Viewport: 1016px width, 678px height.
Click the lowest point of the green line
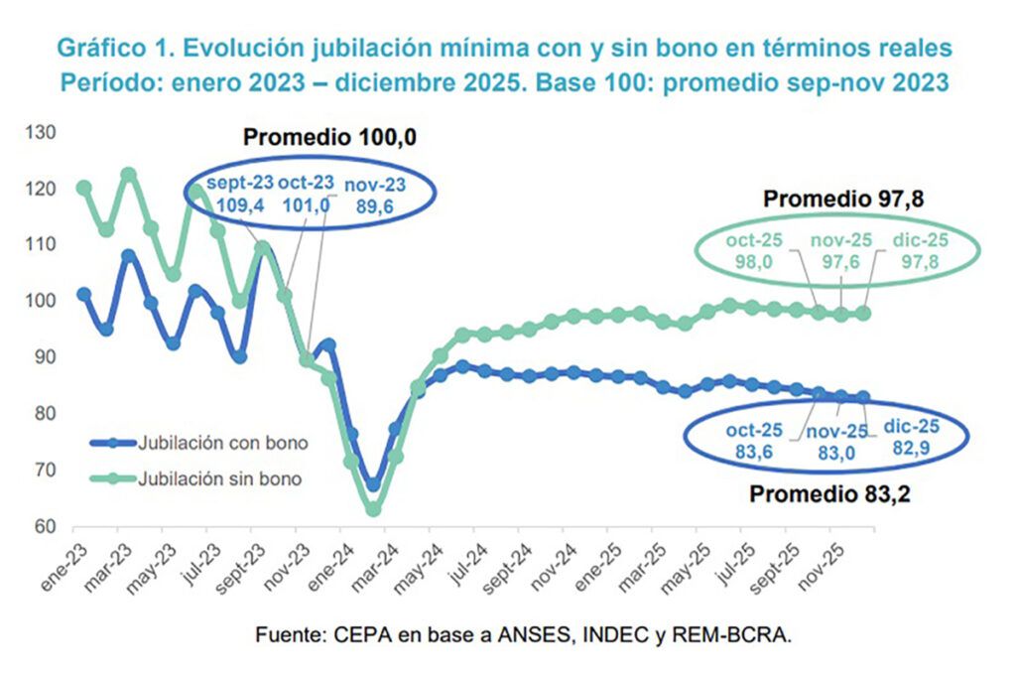[374, 509]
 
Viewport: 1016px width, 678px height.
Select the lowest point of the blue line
[373, 484]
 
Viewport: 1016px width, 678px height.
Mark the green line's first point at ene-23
[84, 188]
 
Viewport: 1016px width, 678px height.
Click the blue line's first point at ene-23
[84, 295]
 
